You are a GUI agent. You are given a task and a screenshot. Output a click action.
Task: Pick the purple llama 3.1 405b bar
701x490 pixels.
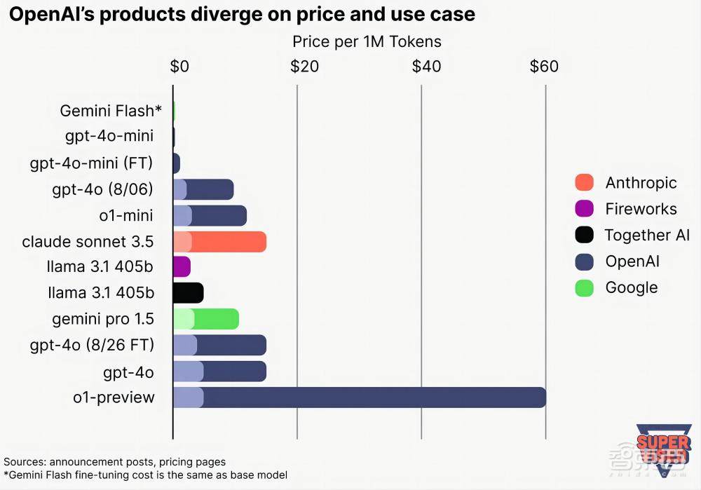(x=182, y=266)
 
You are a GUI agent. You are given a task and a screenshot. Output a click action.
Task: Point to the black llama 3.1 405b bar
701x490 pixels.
(x=188, y=292)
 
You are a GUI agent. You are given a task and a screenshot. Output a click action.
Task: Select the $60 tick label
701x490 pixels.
(x=544, y=67)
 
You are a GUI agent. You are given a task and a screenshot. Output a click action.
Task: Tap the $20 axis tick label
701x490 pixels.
(x=304, y=67)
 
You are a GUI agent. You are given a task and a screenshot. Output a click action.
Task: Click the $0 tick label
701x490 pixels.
(x=179, y=67)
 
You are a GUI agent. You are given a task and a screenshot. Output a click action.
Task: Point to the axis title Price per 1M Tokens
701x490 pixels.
(x=367, y=42)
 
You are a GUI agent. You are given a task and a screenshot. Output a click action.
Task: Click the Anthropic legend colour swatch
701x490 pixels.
(x=584, y=183)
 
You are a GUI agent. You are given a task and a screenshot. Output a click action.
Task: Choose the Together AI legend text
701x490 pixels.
(x=647, y=235)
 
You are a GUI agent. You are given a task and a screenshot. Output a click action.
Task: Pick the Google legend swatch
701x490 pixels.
(x=584, y=287)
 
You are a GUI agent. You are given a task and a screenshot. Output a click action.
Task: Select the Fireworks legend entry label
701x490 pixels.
(x=641, y=209)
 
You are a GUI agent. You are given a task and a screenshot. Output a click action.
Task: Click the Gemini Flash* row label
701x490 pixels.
(x=111, y=111)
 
